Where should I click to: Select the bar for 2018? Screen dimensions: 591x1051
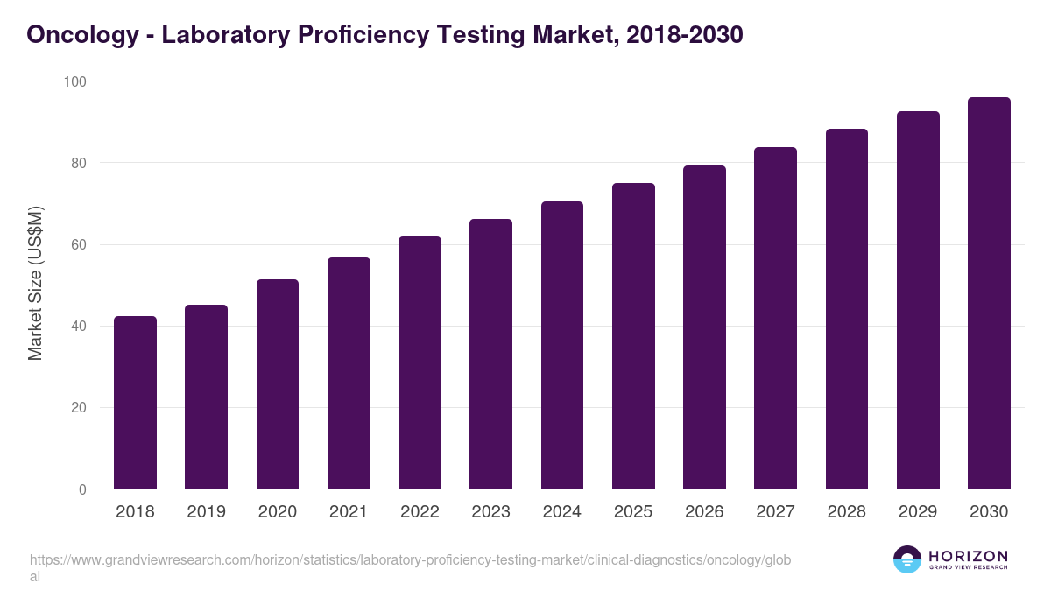(135, 403)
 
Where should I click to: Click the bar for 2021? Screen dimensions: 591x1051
(349, 373)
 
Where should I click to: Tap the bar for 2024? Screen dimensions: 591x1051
(562, 345)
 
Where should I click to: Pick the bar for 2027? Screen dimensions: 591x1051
(775, 318)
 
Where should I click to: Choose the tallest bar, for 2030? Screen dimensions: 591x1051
(989, 293)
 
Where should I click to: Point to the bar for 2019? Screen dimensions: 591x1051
(206, 397)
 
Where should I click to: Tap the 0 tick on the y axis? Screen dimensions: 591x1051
(82, 489)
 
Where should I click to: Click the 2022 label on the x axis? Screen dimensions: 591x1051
(420, 512)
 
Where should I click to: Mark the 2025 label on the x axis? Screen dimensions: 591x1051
(633, 512)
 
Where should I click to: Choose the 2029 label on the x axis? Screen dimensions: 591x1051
(918, 512)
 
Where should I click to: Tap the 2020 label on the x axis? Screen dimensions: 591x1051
(277, 512)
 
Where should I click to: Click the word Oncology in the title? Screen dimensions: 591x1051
(80, 35)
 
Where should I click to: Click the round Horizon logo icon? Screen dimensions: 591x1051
(907, 560)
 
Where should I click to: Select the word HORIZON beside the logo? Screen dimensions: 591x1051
(968, 556)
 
